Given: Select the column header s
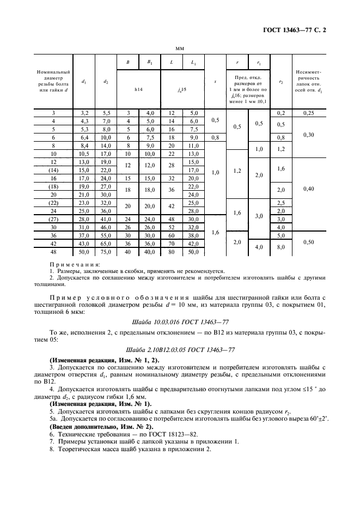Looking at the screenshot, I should (215, 82).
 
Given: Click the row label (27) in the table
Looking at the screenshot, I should (53, 219).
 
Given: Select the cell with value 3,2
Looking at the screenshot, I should (84, 112).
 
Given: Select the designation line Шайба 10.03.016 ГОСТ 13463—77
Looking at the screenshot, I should (179, 322).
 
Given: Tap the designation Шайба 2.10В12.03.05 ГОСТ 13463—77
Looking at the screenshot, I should (179, 349).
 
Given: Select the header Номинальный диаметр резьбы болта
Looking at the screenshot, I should (53, 82).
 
